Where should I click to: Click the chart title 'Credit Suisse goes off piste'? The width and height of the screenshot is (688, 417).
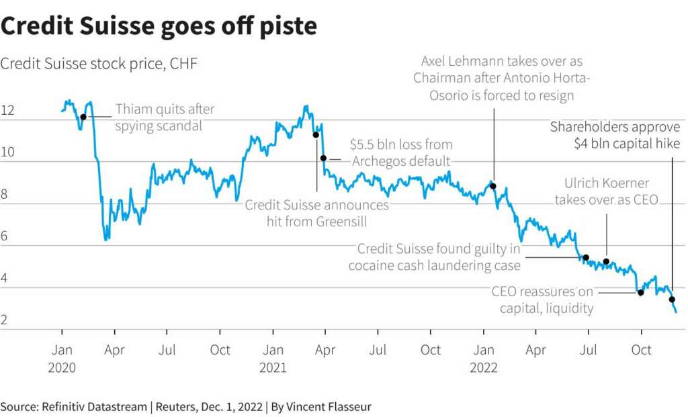click(x=159, y=27)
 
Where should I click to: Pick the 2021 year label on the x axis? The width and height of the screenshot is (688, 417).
click(x=273, y=367)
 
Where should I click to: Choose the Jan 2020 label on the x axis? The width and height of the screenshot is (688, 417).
click(x=62, y=350)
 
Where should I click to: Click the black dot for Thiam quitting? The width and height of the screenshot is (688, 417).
click(x=83, y=117)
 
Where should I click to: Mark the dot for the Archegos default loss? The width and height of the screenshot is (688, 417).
click(x=323, y=158)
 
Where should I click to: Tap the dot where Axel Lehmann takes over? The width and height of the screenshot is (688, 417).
click(x=493, y=186)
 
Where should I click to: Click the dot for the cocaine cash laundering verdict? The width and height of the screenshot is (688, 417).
click(x=586, y=257)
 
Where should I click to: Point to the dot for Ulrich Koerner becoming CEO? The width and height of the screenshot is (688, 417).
click(x=606, y=261)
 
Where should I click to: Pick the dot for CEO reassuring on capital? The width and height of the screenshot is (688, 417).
click(x=641, y=292)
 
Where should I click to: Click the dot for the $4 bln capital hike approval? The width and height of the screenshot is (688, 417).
click(x=672, y=299)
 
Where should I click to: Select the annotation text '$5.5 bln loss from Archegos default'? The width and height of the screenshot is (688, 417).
click(x=400, y=152)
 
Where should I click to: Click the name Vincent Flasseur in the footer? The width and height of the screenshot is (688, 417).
click(x=329, y=406)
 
